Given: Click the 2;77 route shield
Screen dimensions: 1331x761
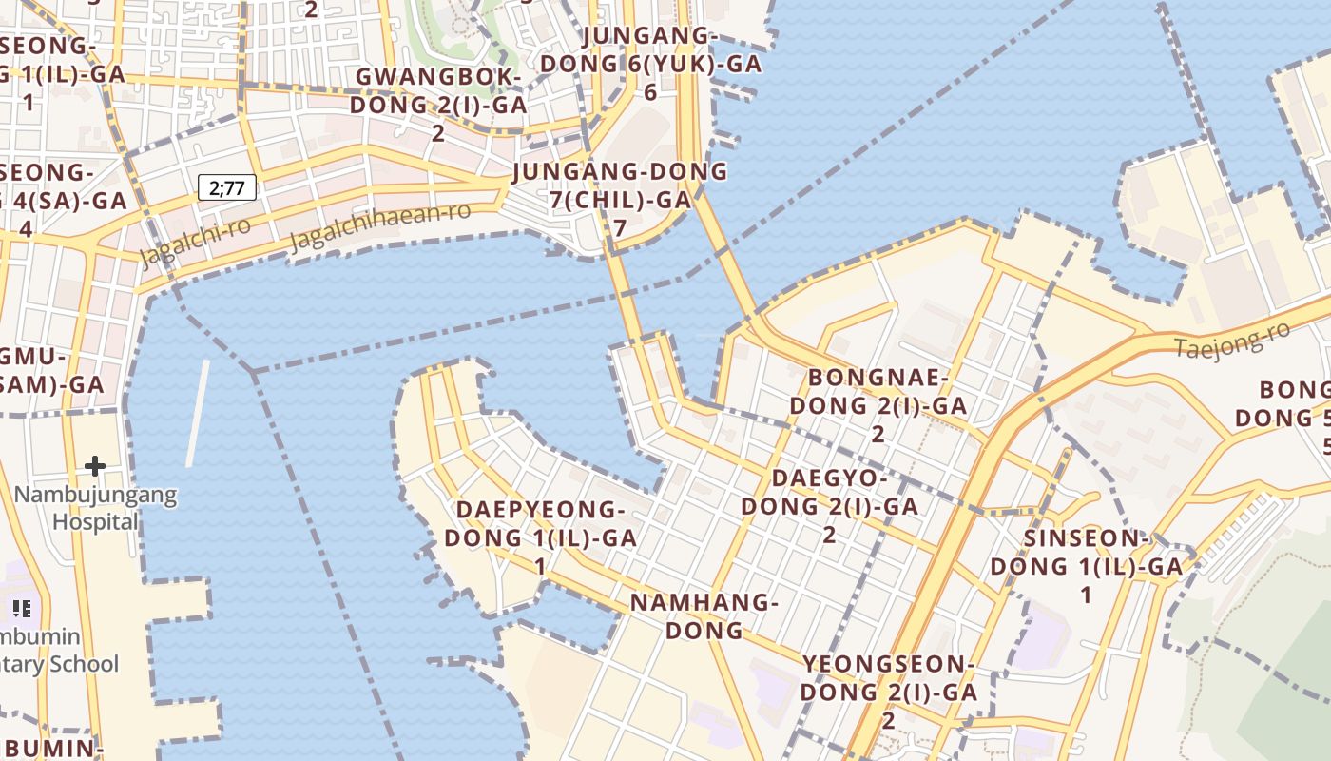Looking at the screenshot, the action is [227, 187].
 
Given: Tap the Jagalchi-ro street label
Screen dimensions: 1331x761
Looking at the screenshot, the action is [195, 242].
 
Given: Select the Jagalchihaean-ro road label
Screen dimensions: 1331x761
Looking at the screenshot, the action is [379, 224].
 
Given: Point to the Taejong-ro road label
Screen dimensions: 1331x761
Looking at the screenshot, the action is [1232, 340].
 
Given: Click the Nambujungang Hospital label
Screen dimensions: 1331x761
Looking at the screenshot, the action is [95, 508].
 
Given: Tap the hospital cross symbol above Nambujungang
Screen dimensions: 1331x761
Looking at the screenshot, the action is [95, 466].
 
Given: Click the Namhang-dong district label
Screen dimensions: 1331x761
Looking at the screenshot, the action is [704, 615].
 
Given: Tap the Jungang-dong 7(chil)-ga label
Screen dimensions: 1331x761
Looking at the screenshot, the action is [620, 185].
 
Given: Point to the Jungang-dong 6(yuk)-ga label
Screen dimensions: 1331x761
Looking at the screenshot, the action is [650, 49].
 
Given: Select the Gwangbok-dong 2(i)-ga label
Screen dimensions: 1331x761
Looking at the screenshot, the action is [438, 90].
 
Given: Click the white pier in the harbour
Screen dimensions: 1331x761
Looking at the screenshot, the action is [198, 414].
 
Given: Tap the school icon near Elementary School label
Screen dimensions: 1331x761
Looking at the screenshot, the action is [22, 608].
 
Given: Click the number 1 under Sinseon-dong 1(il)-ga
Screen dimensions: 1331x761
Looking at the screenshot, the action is [1086, 596].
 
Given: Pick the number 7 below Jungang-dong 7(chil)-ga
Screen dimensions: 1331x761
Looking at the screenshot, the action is [620, 228].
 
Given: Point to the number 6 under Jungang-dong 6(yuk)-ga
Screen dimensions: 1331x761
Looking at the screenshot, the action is [650, 92].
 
